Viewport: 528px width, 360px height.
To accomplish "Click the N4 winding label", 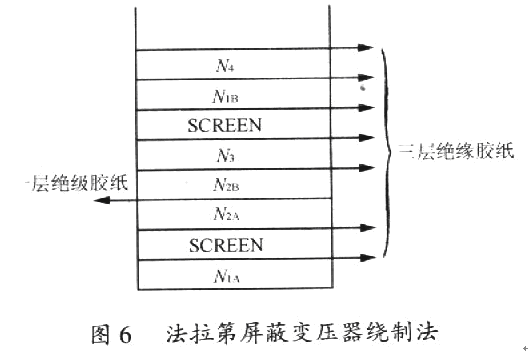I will pos(225,67).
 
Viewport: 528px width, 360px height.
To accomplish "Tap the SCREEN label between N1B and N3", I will pos(225,126).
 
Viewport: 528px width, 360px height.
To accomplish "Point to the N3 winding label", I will pos(225,156).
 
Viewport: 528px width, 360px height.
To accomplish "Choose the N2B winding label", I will pos(226,185).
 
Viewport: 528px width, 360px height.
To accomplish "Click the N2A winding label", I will pos(226,214).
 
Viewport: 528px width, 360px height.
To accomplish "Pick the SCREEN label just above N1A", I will pos(225,244).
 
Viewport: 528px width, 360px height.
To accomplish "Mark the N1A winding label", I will pos(226,273).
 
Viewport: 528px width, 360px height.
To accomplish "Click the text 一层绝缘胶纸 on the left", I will pos(66,184).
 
